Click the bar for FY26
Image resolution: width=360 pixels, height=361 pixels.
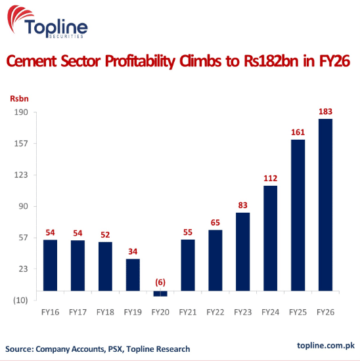tap(325, 205)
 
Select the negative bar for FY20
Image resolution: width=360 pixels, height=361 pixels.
tap(160, 293)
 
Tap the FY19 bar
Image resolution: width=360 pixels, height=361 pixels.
tap(133, 275)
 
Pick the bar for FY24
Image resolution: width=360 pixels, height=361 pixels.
tap(271, 238)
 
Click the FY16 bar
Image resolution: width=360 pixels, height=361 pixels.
tap(50, 265)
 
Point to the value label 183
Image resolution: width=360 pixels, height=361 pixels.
tap(325, 112)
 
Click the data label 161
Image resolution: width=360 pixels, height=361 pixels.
tap(298, 132)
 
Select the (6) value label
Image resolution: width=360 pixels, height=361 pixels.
tap(160, 282)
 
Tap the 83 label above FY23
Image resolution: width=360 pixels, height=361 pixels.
tap(242, 205)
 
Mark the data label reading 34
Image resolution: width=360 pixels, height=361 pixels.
tap(133, 251)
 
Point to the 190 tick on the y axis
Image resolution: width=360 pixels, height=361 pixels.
tap(21, 112)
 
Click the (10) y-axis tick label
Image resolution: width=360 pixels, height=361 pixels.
tap(20, 300)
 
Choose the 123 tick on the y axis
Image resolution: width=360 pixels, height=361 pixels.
tap(21, 175)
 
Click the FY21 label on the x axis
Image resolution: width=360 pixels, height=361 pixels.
tap(188, 312)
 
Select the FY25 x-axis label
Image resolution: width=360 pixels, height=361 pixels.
tap(298, 312)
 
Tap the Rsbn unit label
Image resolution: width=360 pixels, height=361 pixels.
tap(19, 98)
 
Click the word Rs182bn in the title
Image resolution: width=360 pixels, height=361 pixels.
tap(271, 61)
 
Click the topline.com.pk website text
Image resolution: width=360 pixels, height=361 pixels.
tap(326, 345)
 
